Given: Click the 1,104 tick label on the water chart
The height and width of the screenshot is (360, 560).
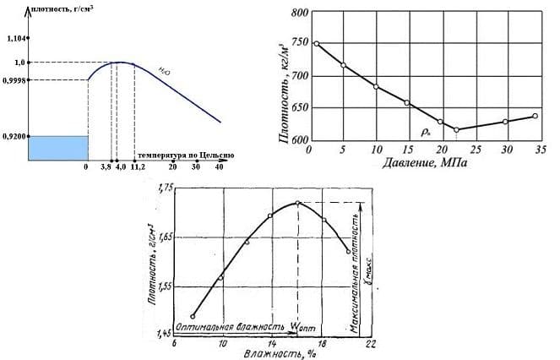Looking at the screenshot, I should [x=14, y=38].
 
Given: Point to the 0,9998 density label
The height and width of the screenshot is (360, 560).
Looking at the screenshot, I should [x=14, y=80].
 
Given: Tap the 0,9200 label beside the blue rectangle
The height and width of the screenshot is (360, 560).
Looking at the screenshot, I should [x=14, y=136].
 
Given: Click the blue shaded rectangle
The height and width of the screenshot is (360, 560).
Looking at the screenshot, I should [x=58, y=147].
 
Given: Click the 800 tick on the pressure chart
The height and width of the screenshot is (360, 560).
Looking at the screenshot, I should [x=297, y=13].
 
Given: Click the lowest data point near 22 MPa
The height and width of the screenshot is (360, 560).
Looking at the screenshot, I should [x=457, y=129].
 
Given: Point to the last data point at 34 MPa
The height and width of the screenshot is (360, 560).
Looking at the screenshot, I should [x=536, y=116].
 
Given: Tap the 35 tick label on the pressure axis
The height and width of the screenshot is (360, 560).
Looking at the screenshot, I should [x=537, y=150].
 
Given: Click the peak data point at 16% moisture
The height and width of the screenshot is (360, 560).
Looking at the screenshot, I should [x=297, y=203].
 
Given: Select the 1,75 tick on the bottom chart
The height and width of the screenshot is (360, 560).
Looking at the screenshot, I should [x=160, y=188].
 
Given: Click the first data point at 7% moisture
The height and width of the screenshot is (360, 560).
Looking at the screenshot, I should [x=193, y=316].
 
